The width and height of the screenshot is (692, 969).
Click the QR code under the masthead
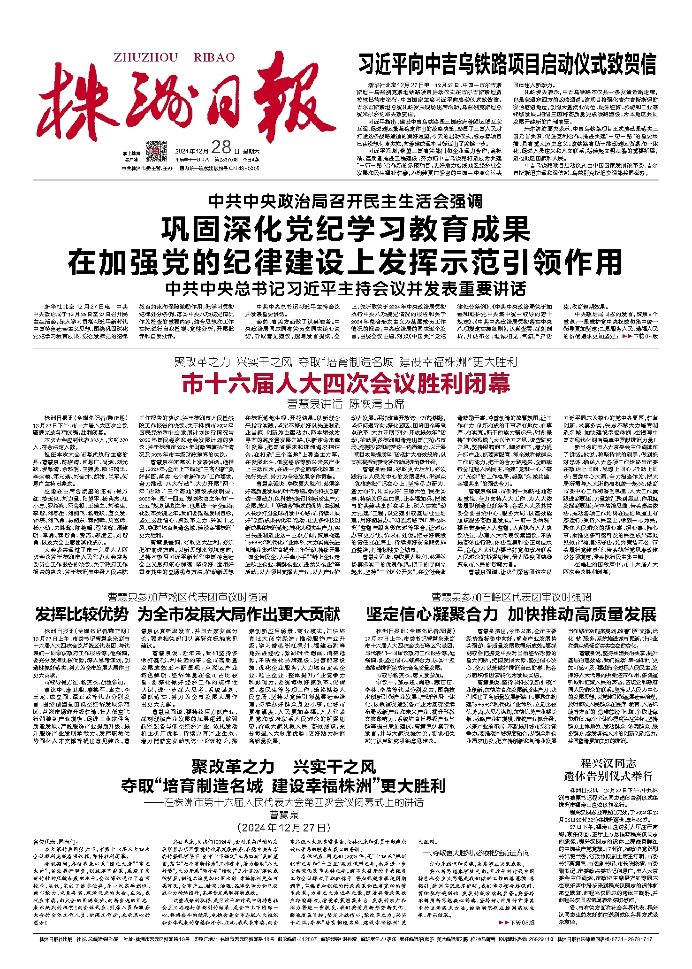(x=156, y=151)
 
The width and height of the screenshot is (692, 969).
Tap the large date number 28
(x=221, y=148)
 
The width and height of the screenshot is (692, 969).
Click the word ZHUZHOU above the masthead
(x=145, y=58)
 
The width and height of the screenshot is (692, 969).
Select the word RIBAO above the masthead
(x=214, y=58)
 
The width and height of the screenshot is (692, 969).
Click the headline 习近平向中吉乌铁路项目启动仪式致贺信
(x=507, y=65)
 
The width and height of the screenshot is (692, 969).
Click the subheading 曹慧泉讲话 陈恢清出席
(x=346, y=404)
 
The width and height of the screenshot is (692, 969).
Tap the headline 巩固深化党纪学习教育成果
(x=346, y=230)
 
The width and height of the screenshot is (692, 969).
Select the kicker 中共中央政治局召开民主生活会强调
(x=346, y=201)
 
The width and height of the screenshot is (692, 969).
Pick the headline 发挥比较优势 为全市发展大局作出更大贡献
(x=187, y=614)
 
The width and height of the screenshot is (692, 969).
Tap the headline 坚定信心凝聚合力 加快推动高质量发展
(x=511, y=614)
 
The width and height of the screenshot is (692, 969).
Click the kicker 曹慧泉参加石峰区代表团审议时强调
(x=511, y=597)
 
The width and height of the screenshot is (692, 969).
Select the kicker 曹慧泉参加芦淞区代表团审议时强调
(x=187, y=597)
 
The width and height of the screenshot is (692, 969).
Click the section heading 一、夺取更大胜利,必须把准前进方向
(x=476, y=853)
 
